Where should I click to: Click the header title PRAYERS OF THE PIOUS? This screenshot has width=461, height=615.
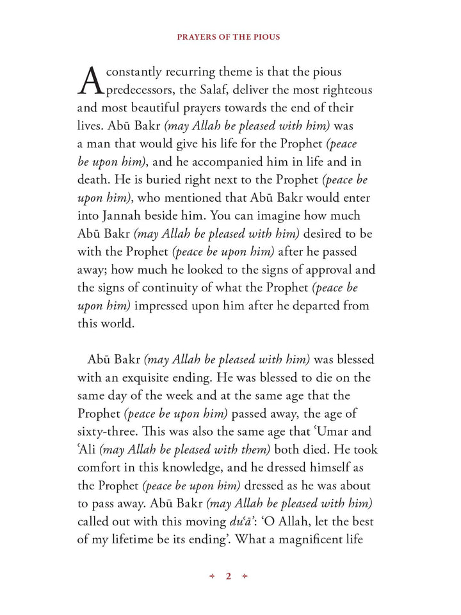point(229,37)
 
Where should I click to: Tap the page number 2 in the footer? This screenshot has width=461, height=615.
point(228,577)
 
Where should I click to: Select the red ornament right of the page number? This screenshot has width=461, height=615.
point(244,577)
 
